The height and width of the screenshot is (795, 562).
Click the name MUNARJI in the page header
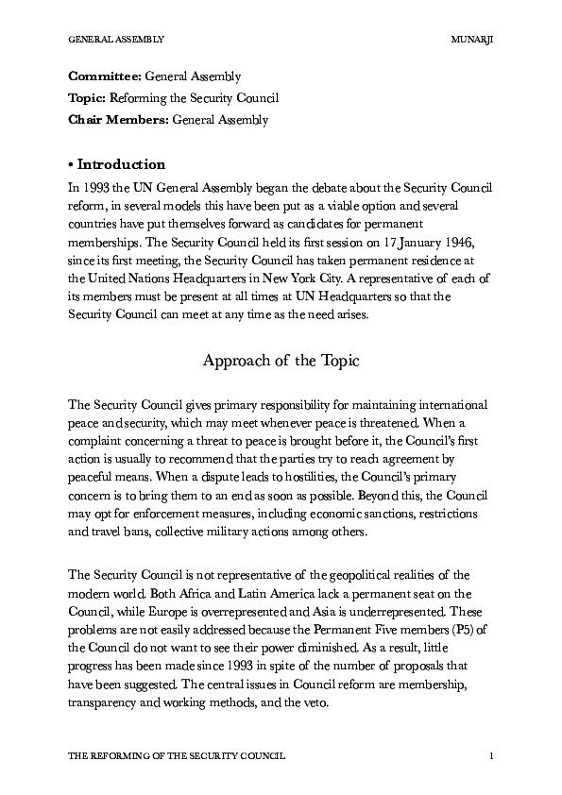pyautogui.click(x=474, y=40)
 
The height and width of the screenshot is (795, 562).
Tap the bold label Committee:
pyautogui.click(x=105, y=76)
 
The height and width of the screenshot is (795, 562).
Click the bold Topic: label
pyautogui.click(x=88, y=97)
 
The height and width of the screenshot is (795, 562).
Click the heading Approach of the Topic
pyautogui.click(x=281, y=361)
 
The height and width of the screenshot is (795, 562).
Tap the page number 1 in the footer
pyautogui.click(x=493, y=756)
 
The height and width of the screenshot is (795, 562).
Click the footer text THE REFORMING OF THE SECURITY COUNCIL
pyautogui.click(x=178, y=756)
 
